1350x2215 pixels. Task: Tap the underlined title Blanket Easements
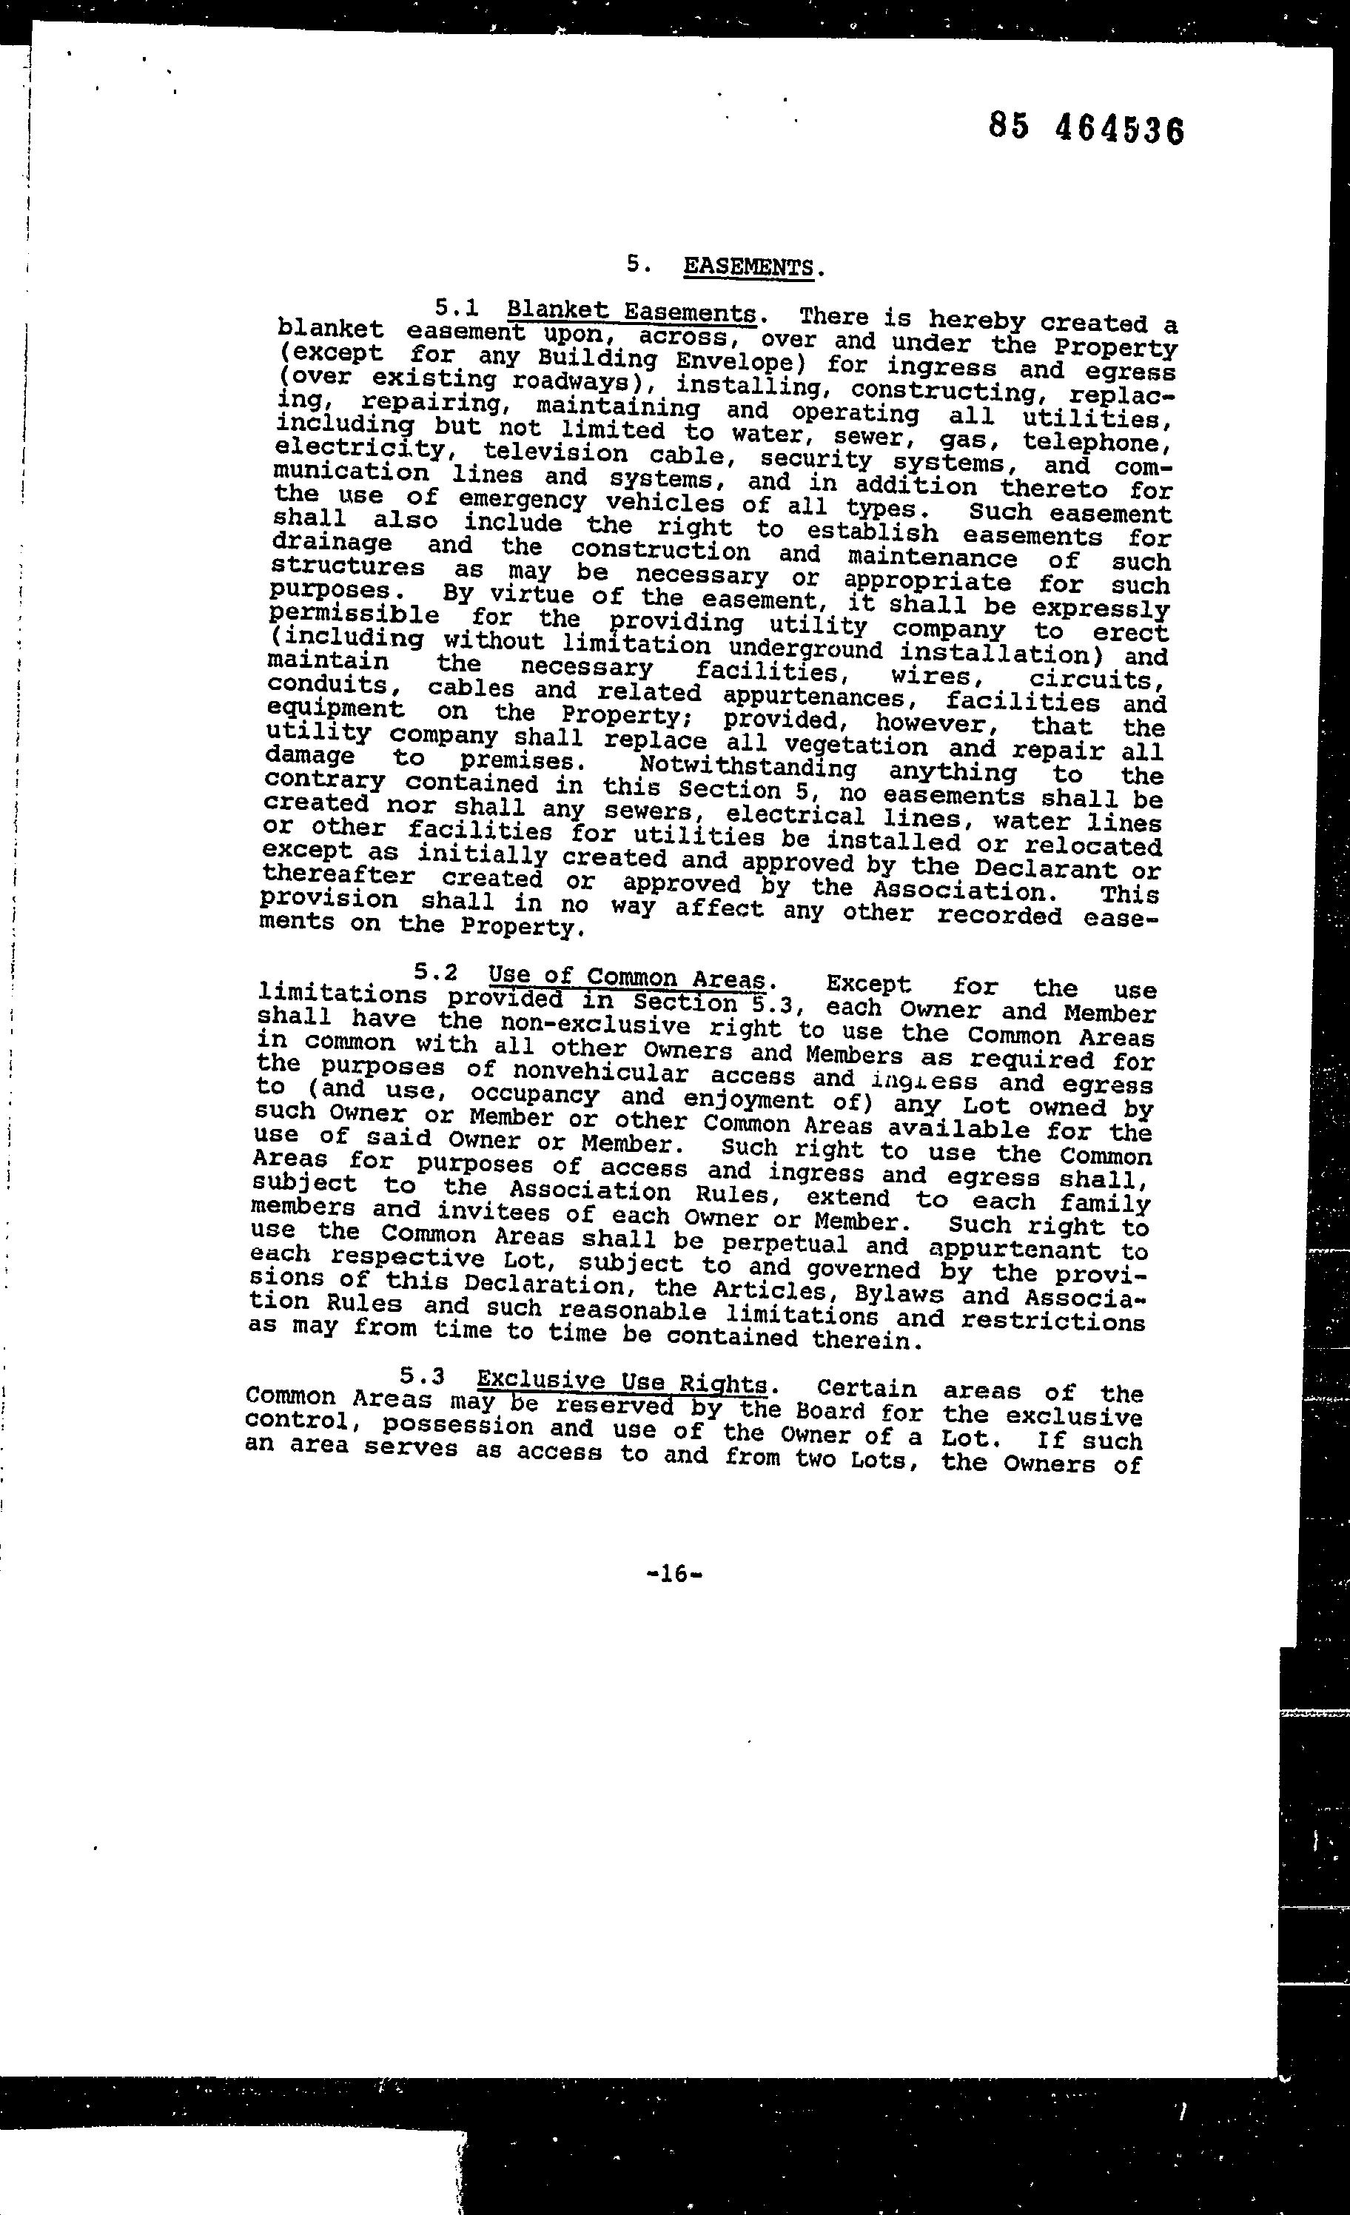tap(631, 311)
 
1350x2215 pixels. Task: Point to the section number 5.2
tap(436, 972)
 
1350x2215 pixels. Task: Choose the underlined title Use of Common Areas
tap(625, 977)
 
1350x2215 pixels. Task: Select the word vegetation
tap(855, 746)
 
